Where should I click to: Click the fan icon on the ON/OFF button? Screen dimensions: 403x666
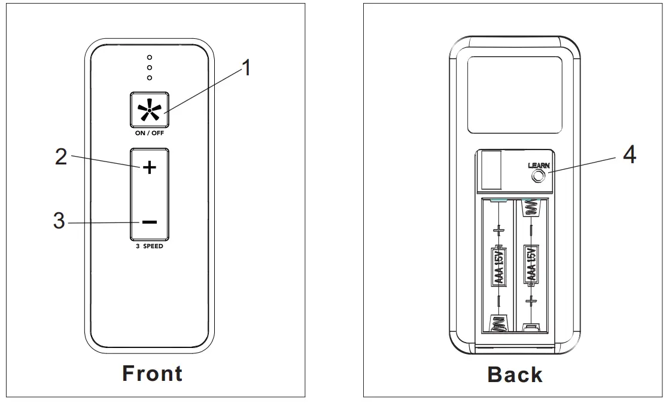[x=149, y=111]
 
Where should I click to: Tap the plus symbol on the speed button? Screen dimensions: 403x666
[x=149, y=167]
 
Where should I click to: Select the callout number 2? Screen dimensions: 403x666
[x=61, y=157]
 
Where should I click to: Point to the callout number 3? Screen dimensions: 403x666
[x=59, y=221]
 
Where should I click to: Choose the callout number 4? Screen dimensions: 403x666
[x=629, y=155]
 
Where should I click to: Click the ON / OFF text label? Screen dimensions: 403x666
[x=149, y=133]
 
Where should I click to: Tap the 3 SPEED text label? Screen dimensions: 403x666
[x=149, y=246]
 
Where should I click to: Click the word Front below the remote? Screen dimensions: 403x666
[x=152, y=374]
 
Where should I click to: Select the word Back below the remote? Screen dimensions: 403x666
[x=515, y=375]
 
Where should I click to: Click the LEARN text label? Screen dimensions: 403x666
[x=539, y=165]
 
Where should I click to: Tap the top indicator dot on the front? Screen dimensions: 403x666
[x=149, y=58]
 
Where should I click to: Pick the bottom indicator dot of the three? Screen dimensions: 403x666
[x=149, y=78]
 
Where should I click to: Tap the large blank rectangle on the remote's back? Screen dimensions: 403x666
[x=515, y=96]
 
